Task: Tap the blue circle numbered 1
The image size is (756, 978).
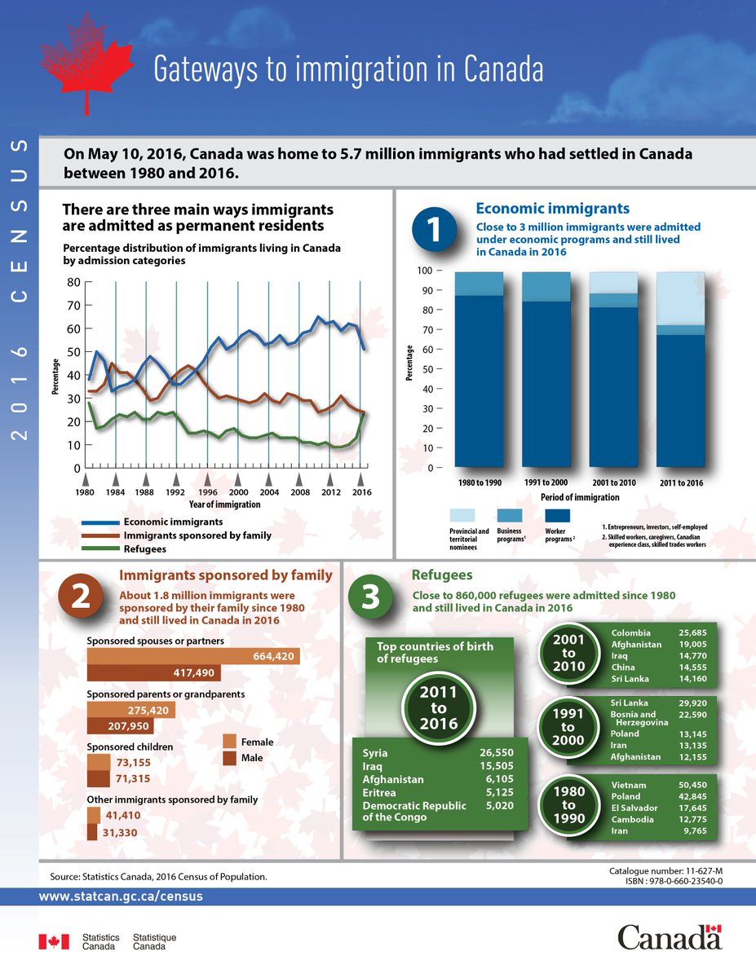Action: (435, 231)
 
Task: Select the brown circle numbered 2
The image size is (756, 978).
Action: (80, 597)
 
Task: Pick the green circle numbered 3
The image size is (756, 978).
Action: (369, 597)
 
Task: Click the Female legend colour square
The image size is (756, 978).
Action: (230, 742)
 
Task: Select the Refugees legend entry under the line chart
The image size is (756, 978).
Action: (145, 549)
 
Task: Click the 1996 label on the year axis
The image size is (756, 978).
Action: (208, 492)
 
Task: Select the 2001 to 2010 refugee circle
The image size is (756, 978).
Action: (568, 653)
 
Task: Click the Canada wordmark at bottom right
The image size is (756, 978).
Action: (669, 937)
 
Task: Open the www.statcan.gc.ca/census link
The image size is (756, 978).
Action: (121, 896)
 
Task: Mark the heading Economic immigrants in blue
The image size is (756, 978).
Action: (552, 209)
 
